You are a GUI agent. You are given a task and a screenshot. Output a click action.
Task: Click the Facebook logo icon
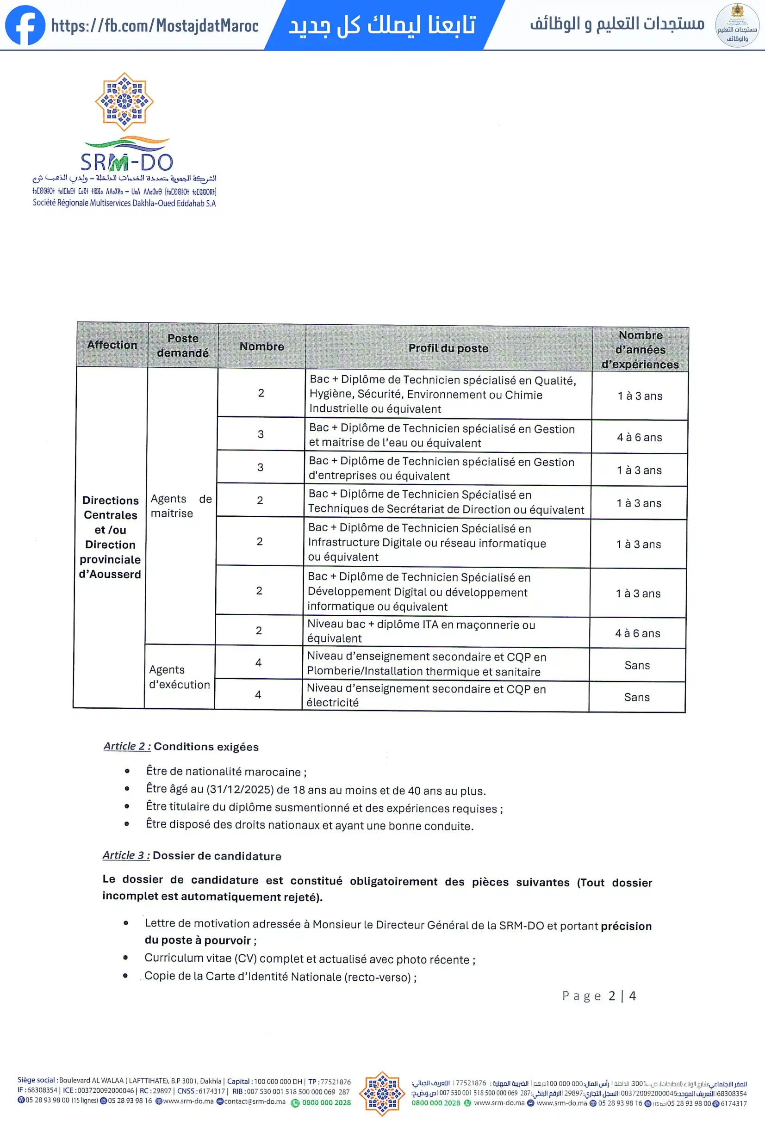(25, 25)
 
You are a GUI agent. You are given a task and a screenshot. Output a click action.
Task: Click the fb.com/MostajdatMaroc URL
(155, 25)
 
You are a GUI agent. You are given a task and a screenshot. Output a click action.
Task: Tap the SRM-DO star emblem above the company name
(124, 102)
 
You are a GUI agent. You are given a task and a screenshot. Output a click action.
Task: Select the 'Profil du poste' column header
(448, 348)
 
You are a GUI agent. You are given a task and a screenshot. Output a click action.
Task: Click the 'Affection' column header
(112, 344)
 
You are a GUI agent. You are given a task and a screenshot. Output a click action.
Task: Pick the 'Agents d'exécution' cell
(179, 677)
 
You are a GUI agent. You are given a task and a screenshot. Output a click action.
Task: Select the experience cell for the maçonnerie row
(637, 633)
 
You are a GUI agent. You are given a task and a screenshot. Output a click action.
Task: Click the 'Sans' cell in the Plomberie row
(637, 665)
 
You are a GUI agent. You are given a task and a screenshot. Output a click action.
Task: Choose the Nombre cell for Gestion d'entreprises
(260, 467)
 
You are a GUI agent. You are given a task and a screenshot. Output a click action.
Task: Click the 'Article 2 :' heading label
(127, 746)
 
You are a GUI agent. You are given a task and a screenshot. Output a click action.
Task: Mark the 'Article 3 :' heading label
(126, 855)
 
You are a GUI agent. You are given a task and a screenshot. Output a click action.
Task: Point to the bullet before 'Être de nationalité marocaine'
(127, 771)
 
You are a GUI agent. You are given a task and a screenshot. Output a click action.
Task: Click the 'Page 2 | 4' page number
(599, 996)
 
